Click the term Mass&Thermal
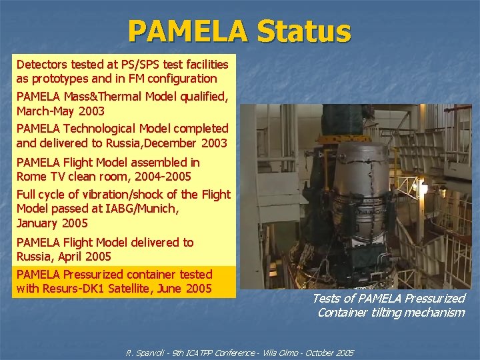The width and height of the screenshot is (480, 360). [x=107, y=97]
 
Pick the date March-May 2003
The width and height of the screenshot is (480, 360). [x=60, y=111]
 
